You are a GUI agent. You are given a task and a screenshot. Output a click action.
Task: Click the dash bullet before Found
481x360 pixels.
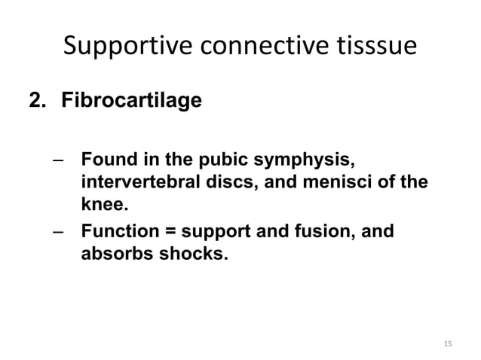(59, 160)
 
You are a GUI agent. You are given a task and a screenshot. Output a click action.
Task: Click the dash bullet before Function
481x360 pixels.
(59, 231)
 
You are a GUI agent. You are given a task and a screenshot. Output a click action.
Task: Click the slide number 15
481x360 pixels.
(448, 345)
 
